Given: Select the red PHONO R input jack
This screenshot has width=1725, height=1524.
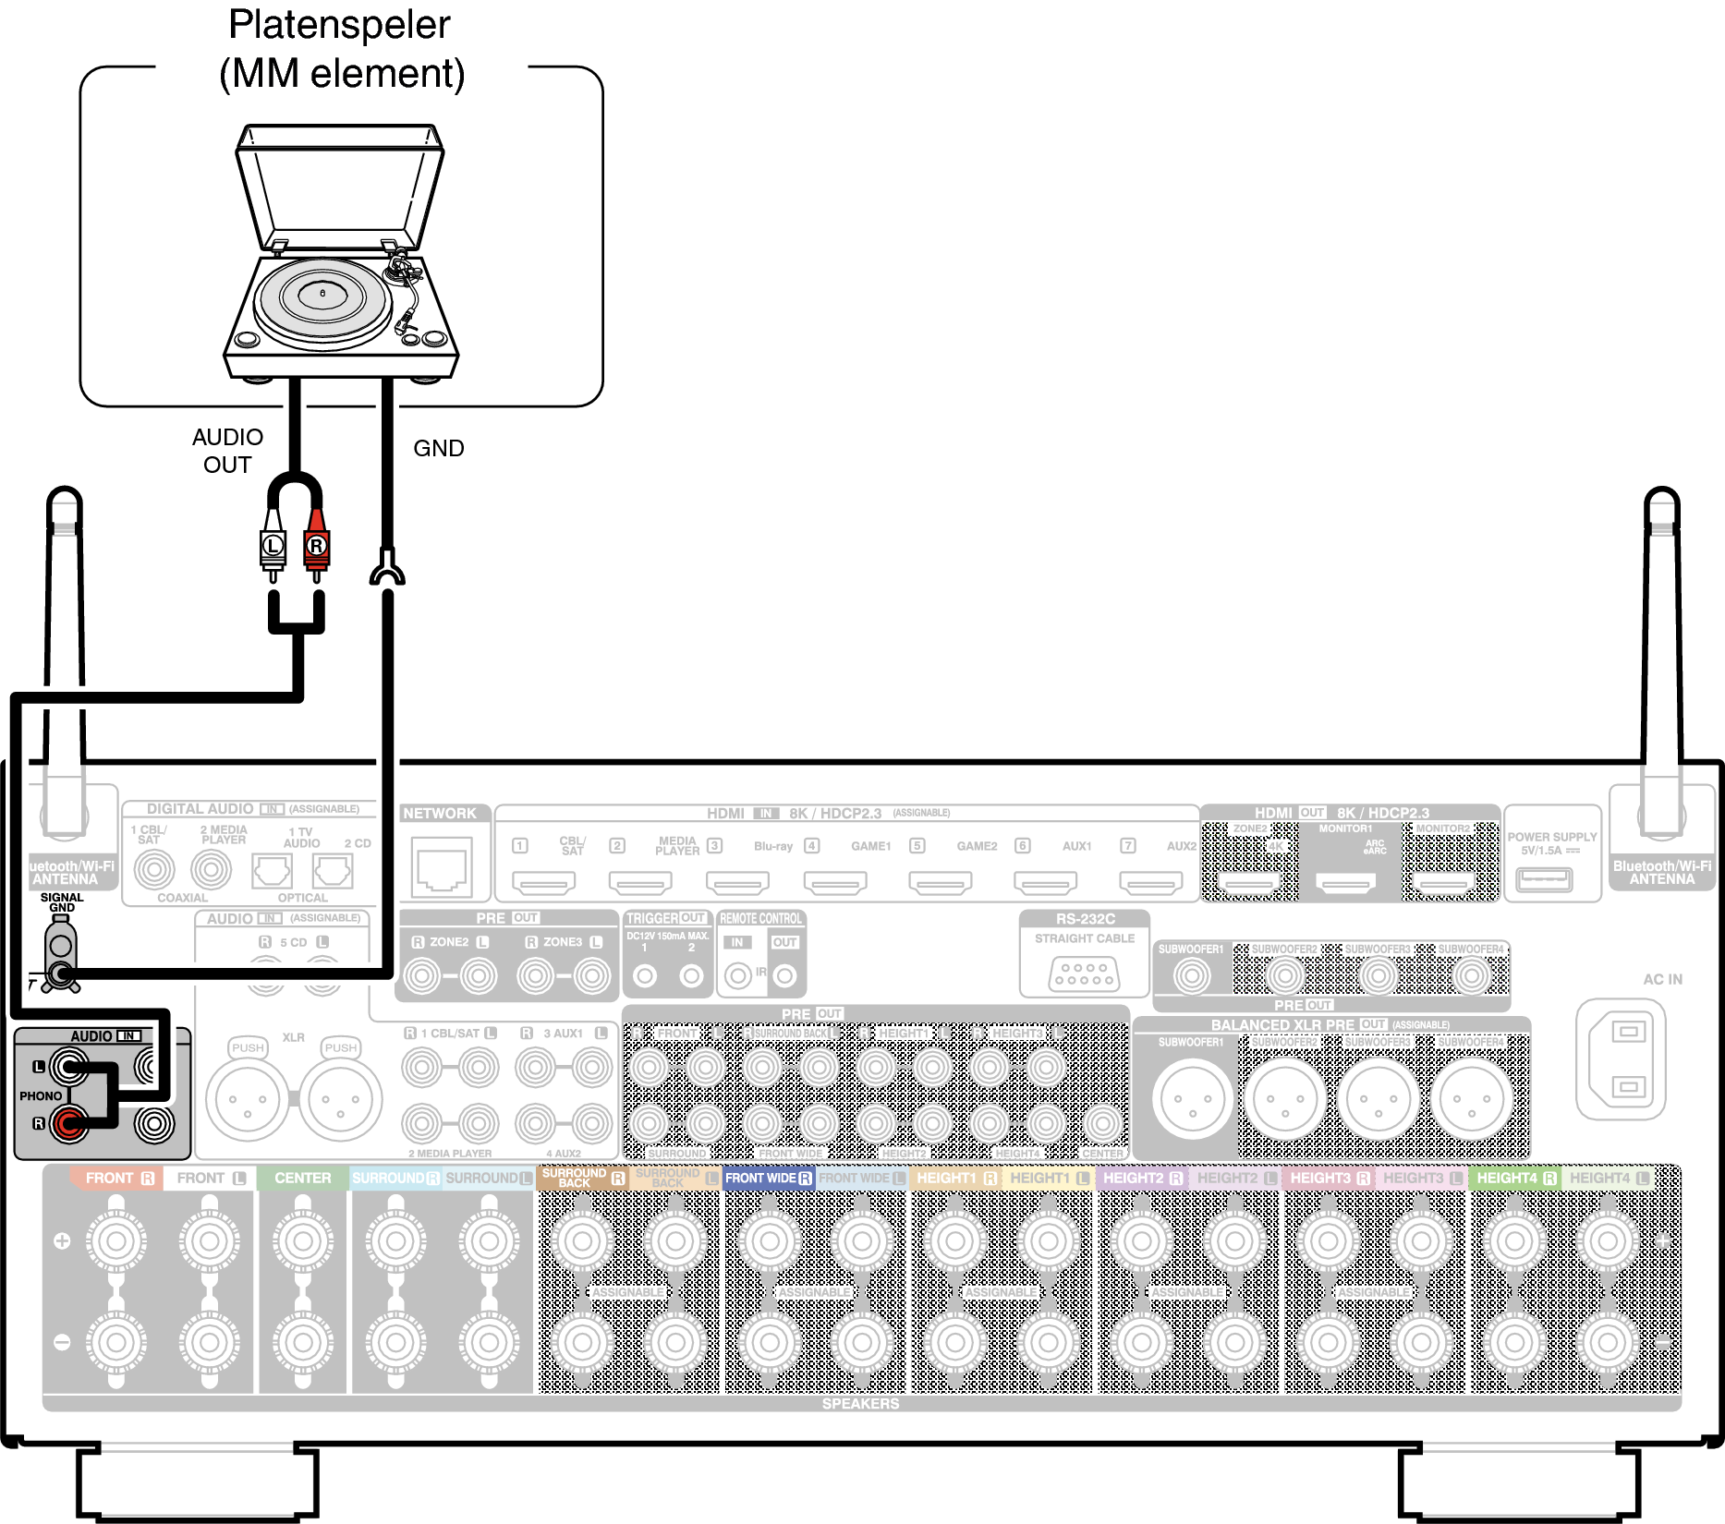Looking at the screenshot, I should [67, 1123].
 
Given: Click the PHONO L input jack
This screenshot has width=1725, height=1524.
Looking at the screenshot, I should [67, 1069].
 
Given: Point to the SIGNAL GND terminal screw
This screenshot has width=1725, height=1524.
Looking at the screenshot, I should [61, 972].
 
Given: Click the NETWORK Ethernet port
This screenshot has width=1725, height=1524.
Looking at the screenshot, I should [443, 866].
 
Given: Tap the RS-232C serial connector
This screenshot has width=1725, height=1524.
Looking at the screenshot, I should [1084, 974].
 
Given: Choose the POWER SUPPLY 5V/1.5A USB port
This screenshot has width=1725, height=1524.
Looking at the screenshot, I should [1543, 878].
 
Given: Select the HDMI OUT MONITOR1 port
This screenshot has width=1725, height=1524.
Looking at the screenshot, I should [1345, 884].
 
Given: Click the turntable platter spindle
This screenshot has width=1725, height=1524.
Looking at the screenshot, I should [322, 293].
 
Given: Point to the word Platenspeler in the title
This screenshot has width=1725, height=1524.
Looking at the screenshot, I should [339, 25].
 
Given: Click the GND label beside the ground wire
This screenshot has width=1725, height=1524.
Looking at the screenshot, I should [438, 448].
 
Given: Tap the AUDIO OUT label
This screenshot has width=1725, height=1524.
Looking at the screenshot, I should [227, 451].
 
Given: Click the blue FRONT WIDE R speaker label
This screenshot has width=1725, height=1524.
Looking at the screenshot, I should [768, 1178].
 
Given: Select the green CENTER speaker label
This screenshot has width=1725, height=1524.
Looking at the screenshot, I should [302, 1178].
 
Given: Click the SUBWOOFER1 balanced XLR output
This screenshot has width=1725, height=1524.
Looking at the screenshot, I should [1192, 1099].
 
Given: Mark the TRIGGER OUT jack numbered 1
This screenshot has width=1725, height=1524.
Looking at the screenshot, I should [645, 975].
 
